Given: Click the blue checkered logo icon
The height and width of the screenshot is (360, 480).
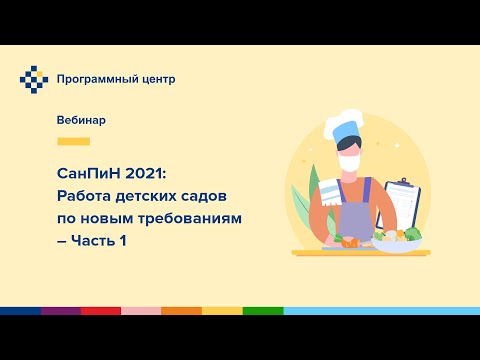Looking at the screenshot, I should point(35,79).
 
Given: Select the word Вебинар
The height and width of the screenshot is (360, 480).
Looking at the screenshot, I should point(81,120).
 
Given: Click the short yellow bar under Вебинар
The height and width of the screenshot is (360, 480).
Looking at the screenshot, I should point(74,142).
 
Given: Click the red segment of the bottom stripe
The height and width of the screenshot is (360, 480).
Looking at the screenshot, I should point(100,312).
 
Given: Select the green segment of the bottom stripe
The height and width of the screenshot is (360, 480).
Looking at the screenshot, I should point(262,312).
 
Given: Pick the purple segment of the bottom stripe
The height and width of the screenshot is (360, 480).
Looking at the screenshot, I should point(60,312).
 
